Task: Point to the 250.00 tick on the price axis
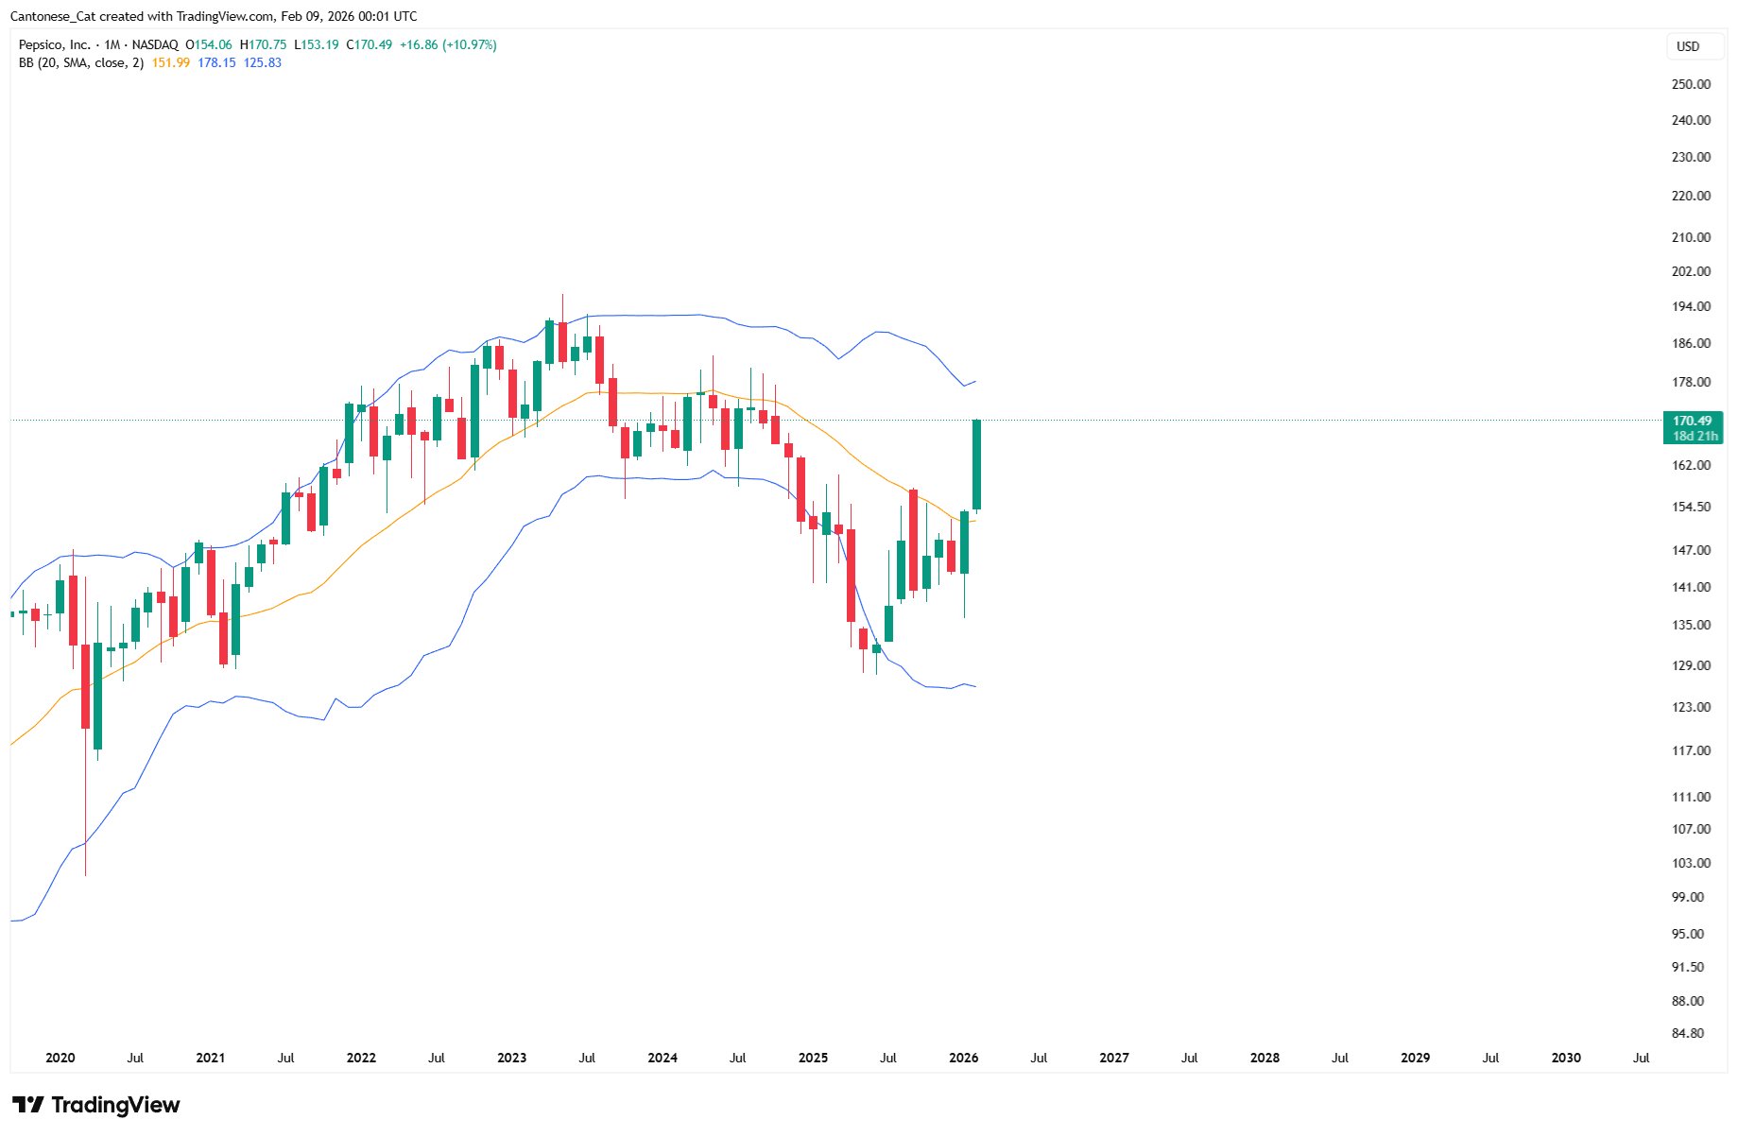pos(1691,84)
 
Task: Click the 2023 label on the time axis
pos(511,1058)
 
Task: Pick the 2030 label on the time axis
pos(1565,1058)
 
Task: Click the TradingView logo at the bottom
pos(96,1105)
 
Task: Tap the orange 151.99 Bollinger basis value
pos(171,62)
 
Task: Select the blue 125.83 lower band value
pos(263,62)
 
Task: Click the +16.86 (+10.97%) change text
pos(448,44)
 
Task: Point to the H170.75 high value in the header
pos(263,44)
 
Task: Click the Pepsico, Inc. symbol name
pos(54,44)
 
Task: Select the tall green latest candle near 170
pos(976,465)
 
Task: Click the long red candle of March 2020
pos(85,686)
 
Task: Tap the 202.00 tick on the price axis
pos(1691,271)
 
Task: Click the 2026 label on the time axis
pos(963,1058)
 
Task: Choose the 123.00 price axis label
pos(1691,707)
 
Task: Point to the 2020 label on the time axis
pos(60,1058)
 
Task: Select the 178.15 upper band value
pos(216,62)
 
